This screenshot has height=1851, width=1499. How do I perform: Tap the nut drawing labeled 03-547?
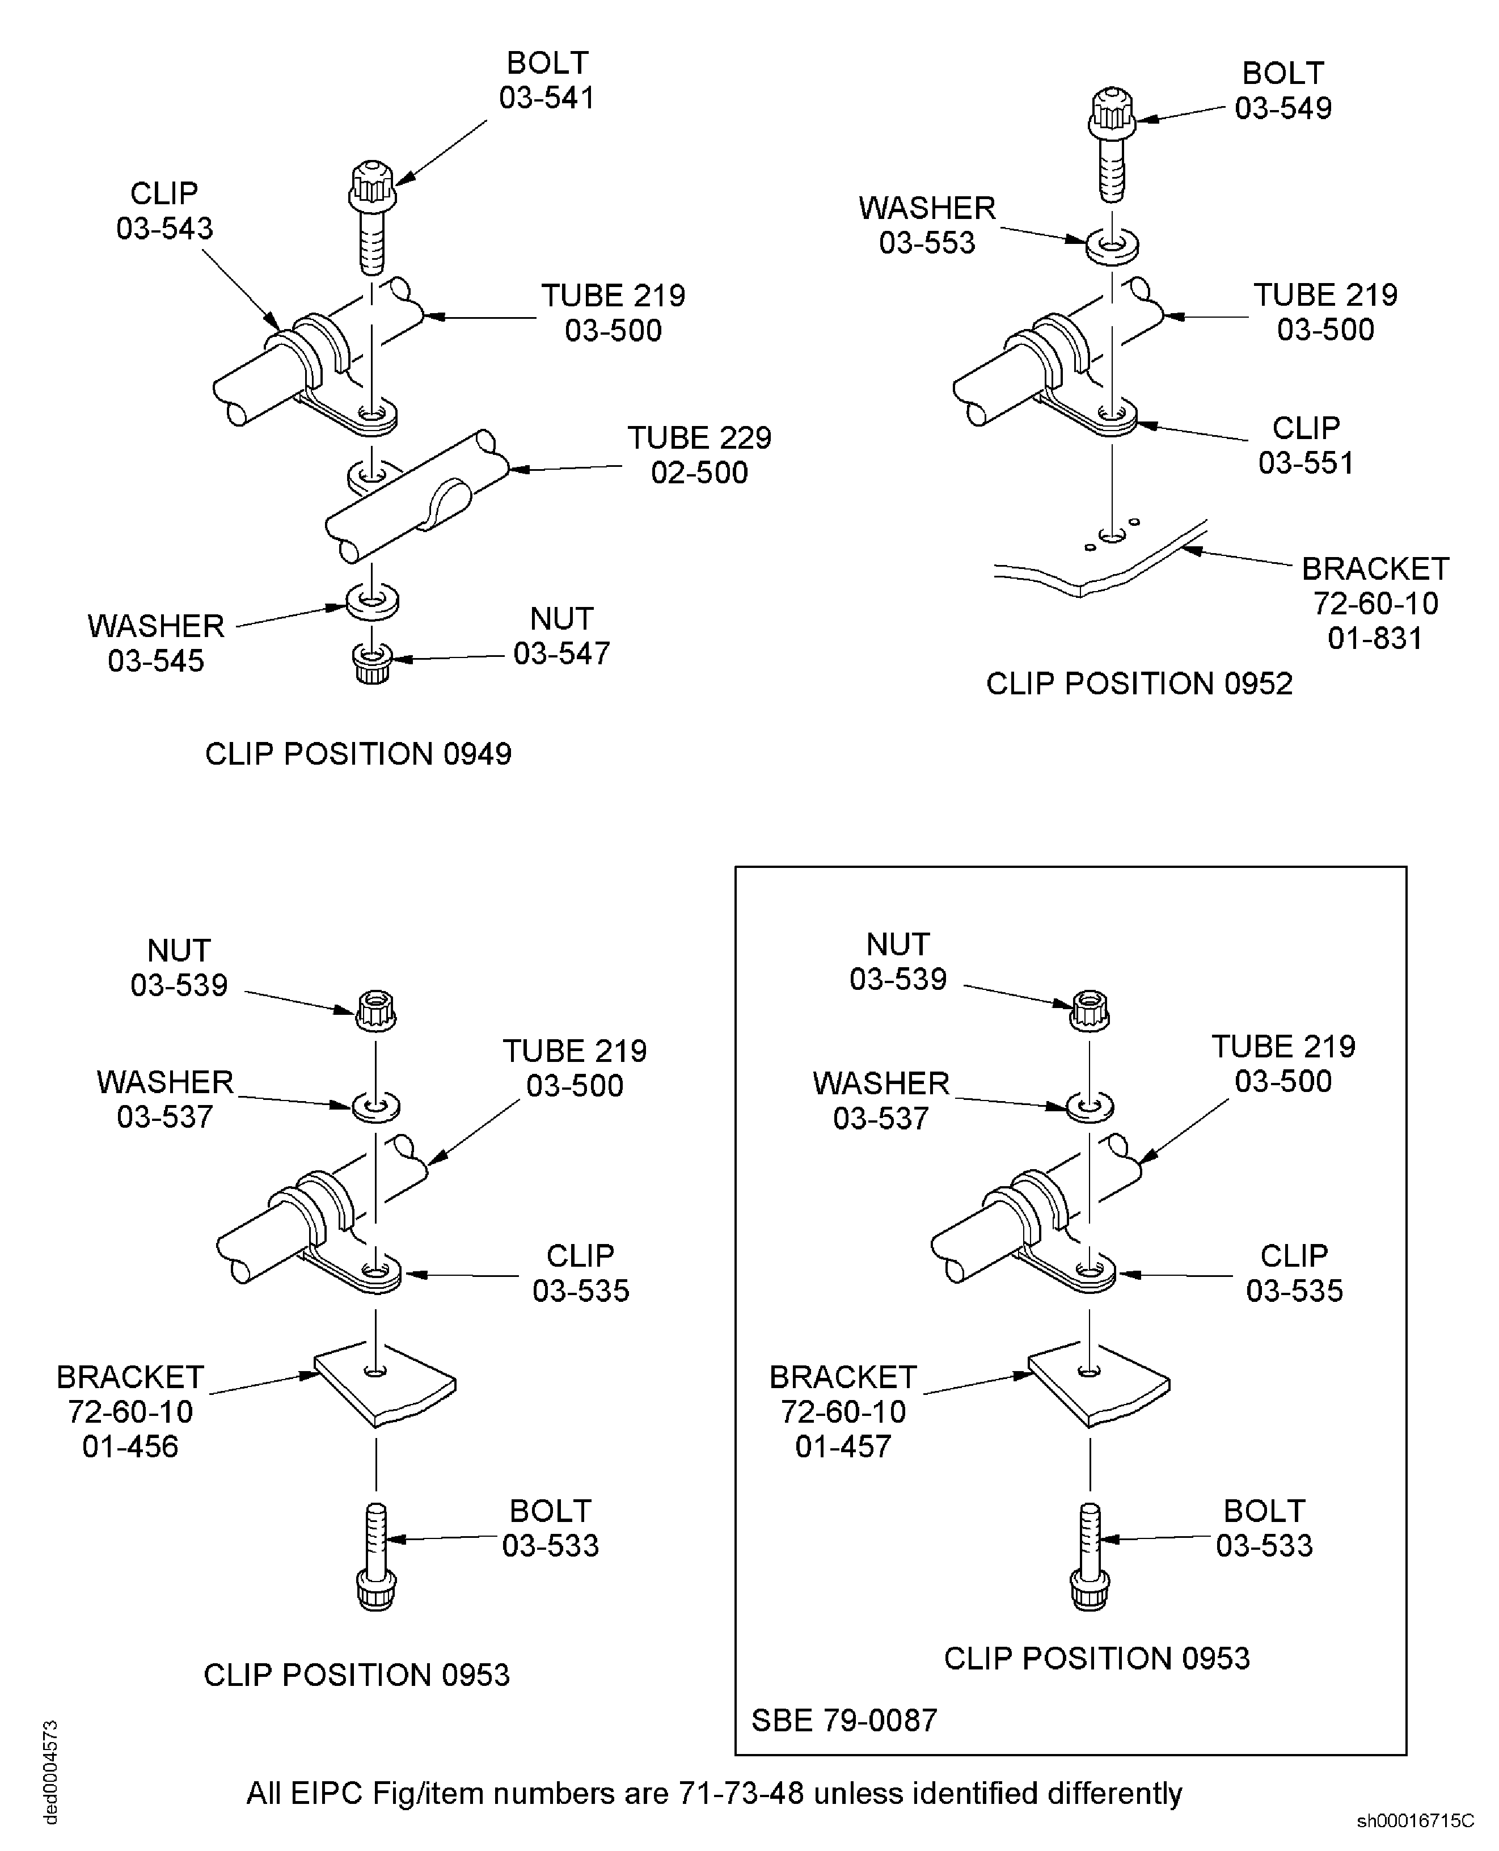[373, 663]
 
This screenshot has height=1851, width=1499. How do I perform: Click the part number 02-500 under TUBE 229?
[699, 473]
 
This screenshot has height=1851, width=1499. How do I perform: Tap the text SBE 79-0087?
[843, 1720]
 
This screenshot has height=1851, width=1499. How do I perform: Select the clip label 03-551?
[1306, 463]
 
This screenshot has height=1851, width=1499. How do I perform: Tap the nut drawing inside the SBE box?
[1089, 1010]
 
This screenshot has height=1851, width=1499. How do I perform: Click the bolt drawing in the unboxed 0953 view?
[375, 1557]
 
